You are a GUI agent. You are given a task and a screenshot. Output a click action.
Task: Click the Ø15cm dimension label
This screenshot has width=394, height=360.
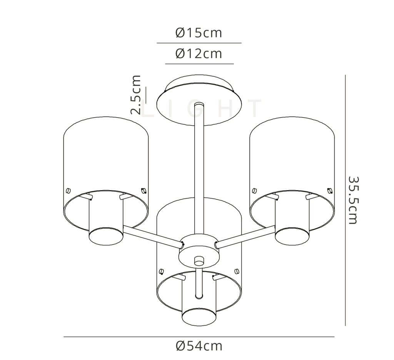(x=199, y=33)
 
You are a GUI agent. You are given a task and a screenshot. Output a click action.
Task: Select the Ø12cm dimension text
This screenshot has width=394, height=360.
(x=199, y=53)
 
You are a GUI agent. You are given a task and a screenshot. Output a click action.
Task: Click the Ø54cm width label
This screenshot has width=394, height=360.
(x=199, y=346)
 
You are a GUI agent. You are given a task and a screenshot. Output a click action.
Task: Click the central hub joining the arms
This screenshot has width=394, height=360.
(x=199, y=250)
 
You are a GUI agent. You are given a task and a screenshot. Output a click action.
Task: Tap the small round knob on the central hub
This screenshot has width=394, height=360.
(x=199, y=261)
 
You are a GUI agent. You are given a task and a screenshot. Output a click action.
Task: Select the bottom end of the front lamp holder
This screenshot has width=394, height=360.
(x=199, y=316)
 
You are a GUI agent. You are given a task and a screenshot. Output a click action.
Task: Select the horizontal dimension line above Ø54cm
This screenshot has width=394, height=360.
(x=199, y=337)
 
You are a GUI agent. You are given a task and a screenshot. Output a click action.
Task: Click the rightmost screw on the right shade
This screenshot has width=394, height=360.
(x=329, y=190)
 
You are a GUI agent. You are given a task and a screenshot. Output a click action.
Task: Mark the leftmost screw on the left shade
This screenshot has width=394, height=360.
(x=68, y=190)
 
